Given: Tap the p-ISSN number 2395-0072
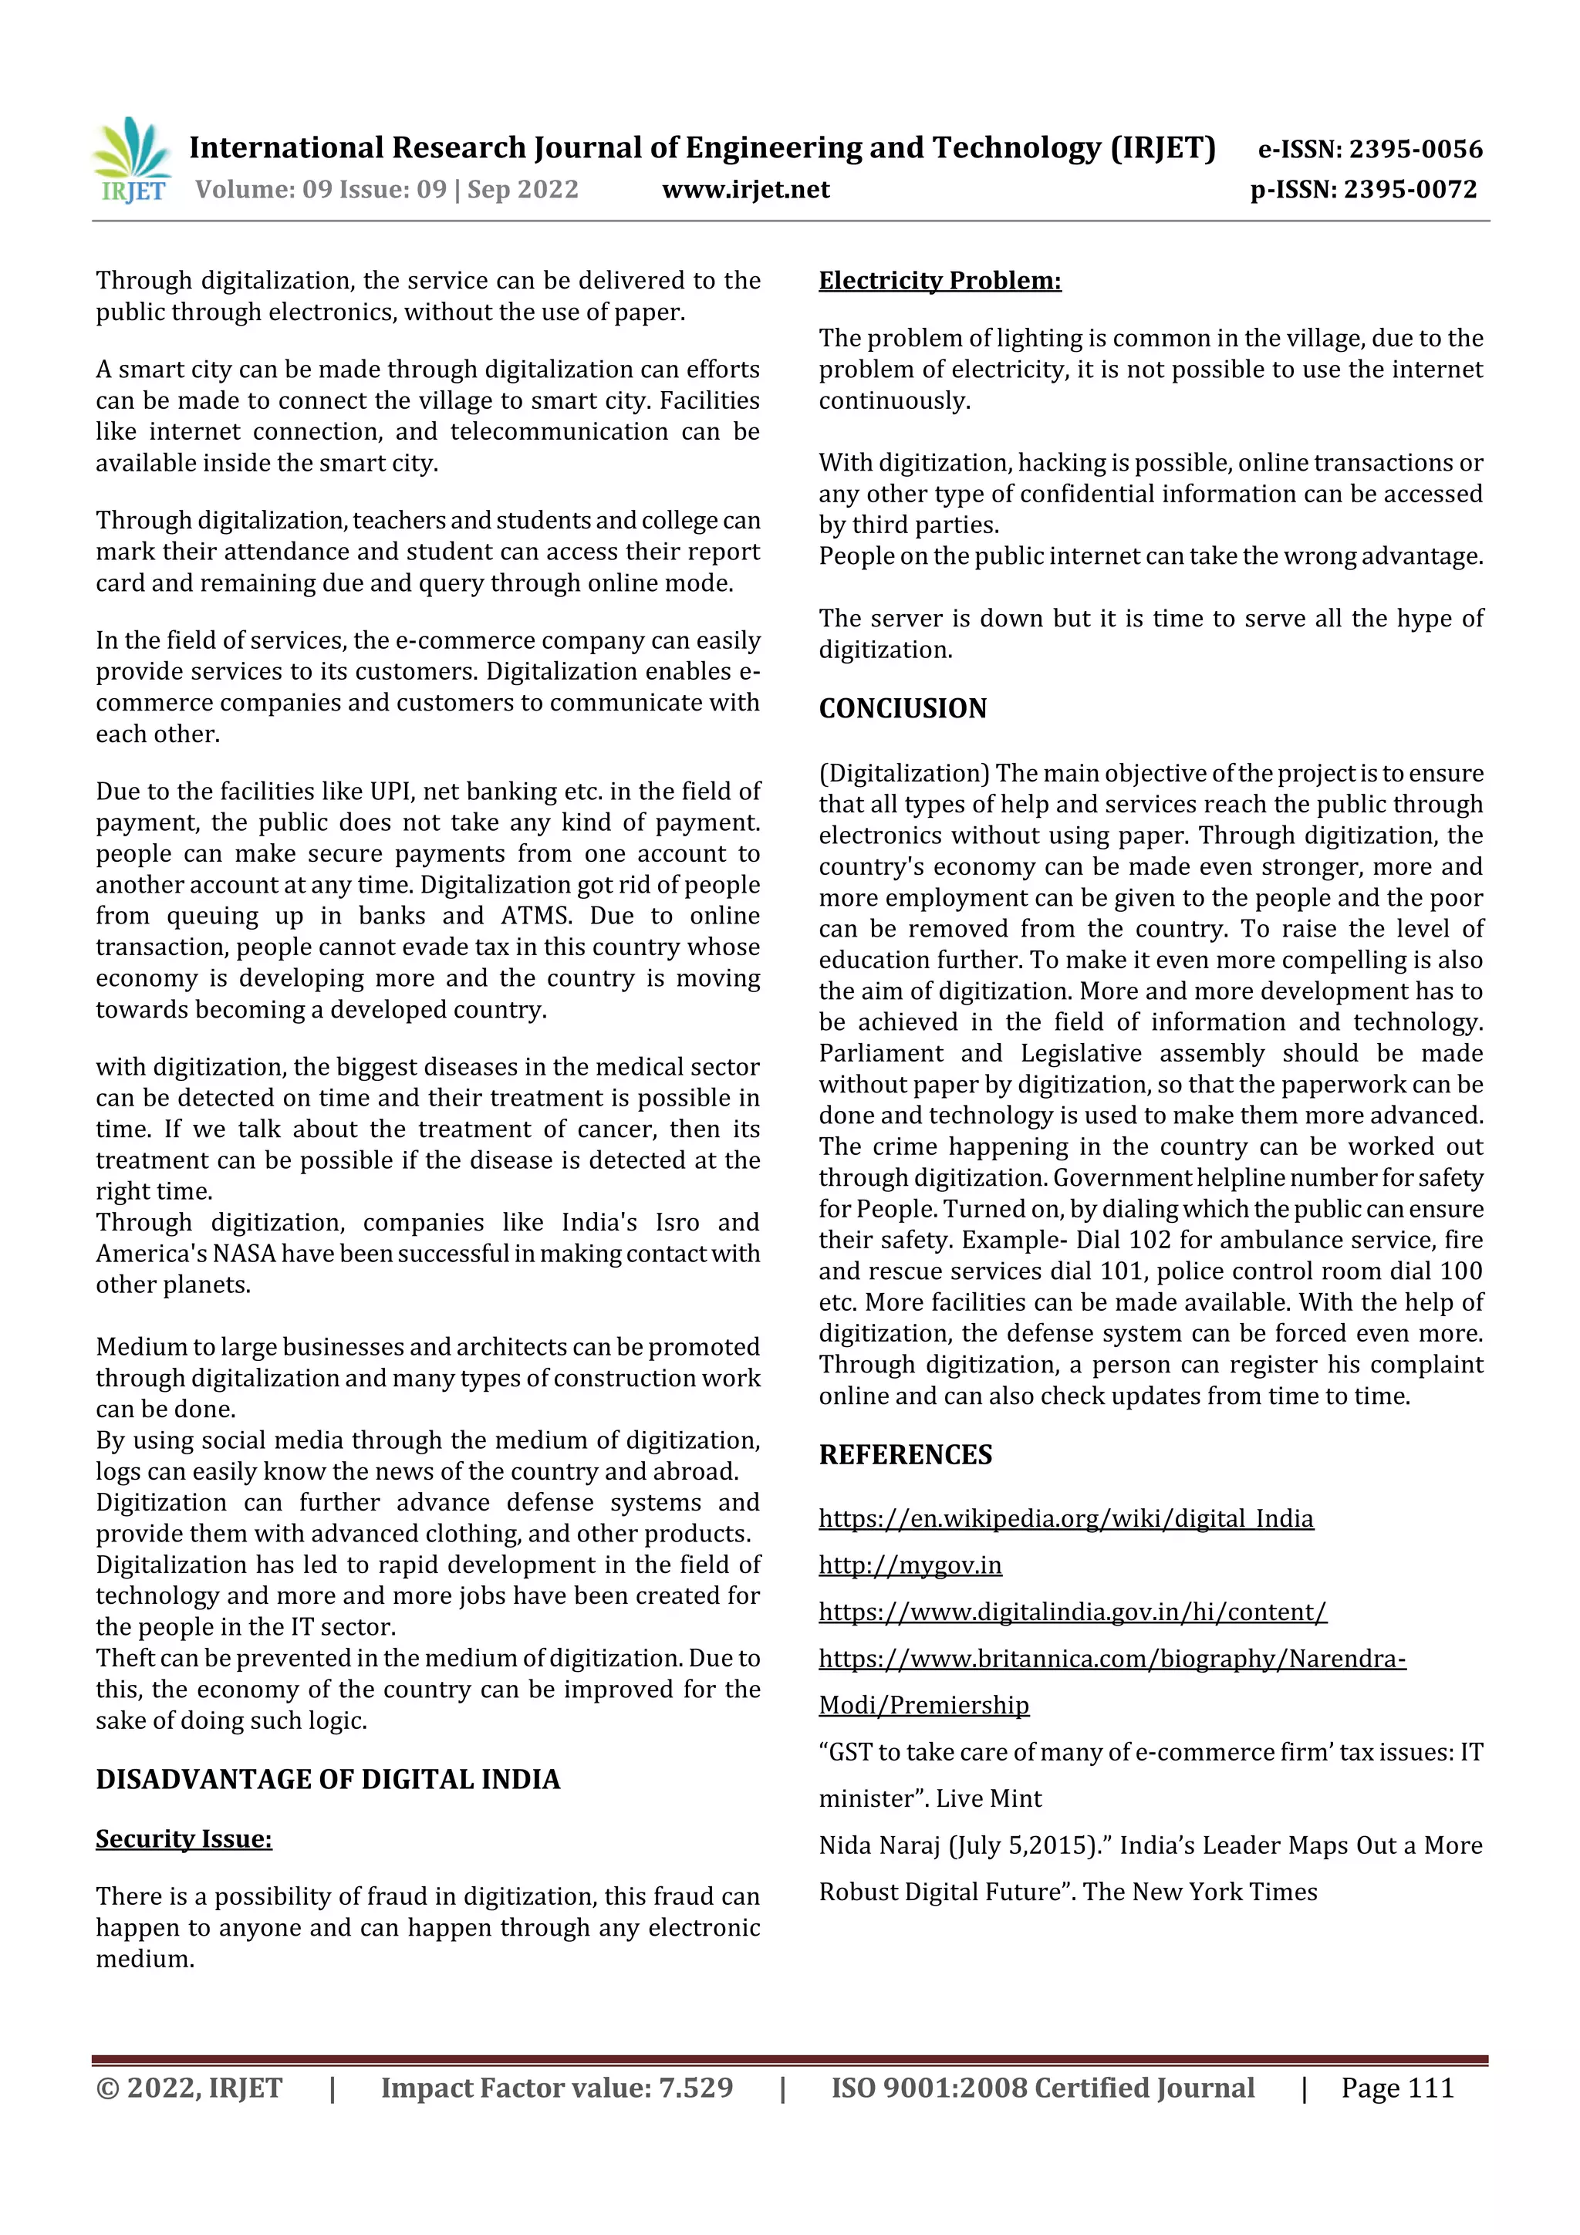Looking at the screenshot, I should tap(1410, 189).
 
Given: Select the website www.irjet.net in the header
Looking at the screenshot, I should tap(746, 189).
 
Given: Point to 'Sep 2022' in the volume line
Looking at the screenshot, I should tap(523, 189).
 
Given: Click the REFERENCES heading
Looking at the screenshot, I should tap(906, 1454).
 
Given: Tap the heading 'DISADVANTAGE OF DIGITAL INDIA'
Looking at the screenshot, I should tap(328, 1779).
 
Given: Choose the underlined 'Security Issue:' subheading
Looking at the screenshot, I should tap(184, 1838).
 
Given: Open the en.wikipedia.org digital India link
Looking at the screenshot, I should tap(1066, 1518).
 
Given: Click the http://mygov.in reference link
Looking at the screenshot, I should tap(910, 1565).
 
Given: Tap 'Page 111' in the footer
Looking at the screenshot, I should tap(1397, 2088).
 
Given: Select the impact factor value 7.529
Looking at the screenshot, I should tap(696, 2088).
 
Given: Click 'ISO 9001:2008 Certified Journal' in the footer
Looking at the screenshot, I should tap(1042, 2088).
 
